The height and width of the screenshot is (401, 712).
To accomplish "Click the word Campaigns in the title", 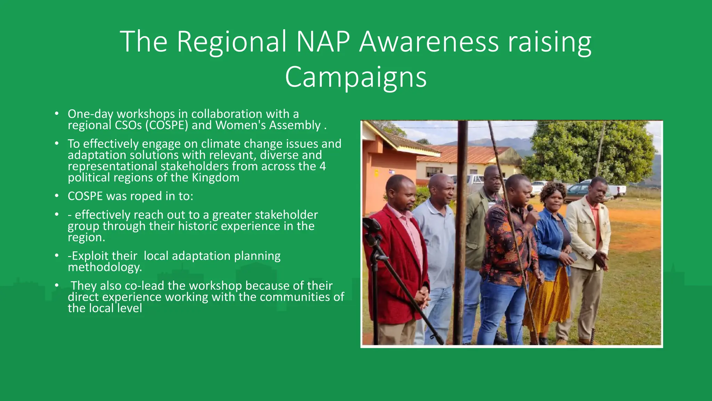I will click(356, 77).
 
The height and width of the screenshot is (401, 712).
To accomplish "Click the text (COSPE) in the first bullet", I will click(167, 125).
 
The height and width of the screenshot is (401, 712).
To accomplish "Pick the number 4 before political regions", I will click(322, 166).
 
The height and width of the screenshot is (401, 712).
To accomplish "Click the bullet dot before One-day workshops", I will click(57, 114).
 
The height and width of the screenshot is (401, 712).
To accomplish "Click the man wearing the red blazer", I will click(396, 258).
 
